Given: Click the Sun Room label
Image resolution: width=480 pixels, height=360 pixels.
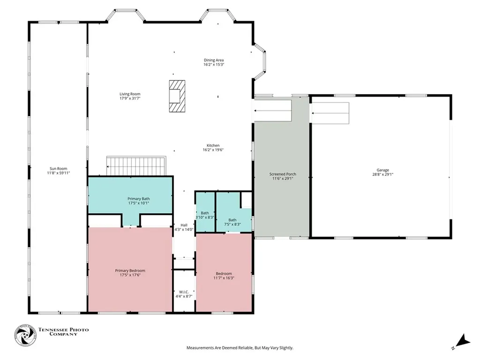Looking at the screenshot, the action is pos(58,169).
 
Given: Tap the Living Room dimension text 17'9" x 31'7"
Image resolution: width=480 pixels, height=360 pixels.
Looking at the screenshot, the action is pos(130,98).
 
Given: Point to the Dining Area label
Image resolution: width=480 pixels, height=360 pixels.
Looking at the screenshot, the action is pos(214,60).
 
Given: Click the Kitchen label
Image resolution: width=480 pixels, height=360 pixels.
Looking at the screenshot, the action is pos(213,146).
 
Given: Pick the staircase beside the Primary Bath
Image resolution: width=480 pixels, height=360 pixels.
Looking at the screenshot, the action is pos(136,166).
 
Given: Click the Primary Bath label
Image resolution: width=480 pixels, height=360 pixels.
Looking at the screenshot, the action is pos(139,199).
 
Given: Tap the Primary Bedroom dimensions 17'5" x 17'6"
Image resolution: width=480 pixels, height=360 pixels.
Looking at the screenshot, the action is pos(130,275).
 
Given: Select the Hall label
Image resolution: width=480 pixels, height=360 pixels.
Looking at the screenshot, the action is pos(184,225).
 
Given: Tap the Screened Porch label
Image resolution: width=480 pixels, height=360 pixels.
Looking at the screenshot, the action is pos(283,174).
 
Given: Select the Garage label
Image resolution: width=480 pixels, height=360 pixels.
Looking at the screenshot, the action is pos(382,170).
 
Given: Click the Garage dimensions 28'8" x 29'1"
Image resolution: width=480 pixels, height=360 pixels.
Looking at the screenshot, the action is pos(382,174).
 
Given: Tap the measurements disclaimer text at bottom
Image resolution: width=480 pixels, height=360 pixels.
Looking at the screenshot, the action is pos(240,348).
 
